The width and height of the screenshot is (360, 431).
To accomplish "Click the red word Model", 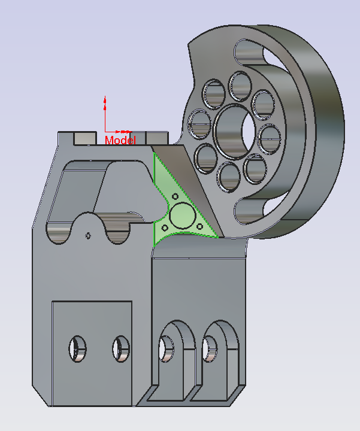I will pyautogui.click(x=120, y=140).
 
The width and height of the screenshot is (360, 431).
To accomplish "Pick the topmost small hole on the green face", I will pyautogui.click(x=175, y=196).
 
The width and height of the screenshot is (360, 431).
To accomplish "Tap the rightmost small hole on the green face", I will pyautogui.click(x=198, y=226).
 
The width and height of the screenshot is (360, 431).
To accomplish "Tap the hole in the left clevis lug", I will pyautogui.click(x=165, y=348).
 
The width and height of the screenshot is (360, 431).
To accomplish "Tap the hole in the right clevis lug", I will pyautogui.click(x=210, y=348).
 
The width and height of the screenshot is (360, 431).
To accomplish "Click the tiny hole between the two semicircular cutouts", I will pyautogui.click(x=89, y=235).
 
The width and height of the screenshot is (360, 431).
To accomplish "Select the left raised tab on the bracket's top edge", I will pyautogui.click(x=84, y=138).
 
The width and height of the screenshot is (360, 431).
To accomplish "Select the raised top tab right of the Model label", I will pyautogui.click(x=157, y=138).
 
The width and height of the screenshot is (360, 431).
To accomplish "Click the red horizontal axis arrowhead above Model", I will pyautogui.click(x=127, y=131).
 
